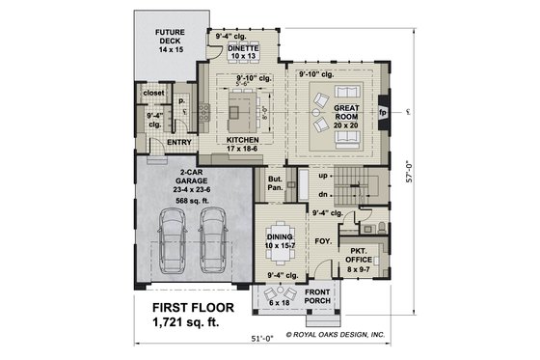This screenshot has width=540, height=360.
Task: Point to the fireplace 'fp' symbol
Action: click(383, 111)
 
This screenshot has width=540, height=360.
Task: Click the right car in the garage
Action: click(214, 242)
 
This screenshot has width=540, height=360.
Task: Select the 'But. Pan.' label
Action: click(275, 183)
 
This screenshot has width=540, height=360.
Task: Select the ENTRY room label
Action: click(178, 143)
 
